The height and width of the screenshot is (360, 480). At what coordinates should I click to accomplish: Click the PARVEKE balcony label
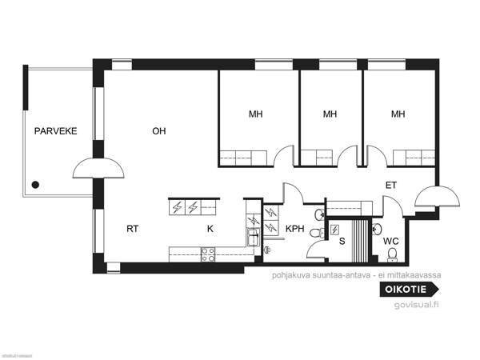(x=55, y=131)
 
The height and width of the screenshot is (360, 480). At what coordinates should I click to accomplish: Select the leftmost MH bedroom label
(x=255, y=114)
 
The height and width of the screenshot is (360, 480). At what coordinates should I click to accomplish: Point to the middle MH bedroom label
(x=330, y=114)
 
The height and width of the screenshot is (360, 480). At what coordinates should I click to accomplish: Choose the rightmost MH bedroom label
(x=398, y=114)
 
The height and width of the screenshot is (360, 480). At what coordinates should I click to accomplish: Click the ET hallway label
(x=391, y=185)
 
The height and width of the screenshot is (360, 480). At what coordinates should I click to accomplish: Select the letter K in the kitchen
(x=210, y=228)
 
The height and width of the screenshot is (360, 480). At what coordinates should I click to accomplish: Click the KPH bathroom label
(x=295, y=229)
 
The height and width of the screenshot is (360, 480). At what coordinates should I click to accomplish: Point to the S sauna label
(x=342, y=240)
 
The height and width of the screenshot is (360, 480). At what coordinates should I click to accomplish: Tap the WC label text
(x=390, y=240)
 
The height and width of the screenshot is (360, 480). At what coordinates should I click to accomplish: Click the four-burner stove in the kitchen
(x=208, y=254)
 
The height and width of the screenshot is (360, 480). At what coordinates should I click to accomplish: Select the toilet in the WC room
(x=392, y=254)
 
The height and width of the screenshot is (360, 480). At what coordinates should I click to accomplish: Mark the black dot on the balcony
(x=35, y=185)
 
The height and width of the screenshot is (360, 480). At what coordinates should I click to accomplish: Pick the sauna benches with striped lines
(x=366, y=241)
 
